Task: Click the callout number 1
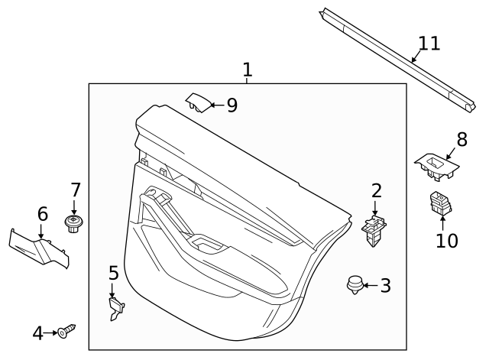pos(247,70)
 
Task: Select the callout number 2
pos(376,191)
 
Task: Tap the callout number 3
pos(385,286)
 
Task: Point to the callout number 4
pos(38,333)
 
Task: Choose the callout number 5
pos(113,273)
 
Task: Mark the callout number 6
pos(42,215)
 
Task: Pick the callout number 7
pos(75,190)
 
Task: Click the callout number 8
pos(461,139)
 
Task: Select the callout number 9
pos(232,105)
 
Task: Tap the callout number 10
pos(446,240)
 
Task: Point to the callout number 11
pos(429,43)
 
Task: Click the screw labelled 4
pos(67,332)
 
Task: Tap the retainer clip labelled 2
pos(373,230)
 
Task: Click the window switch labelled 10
pos(441,204)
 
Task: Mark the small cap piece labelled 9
pos(197,101)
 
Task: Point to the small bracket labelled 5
pos(115,307)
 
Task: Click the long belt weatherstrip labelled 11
pos(397,57)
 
